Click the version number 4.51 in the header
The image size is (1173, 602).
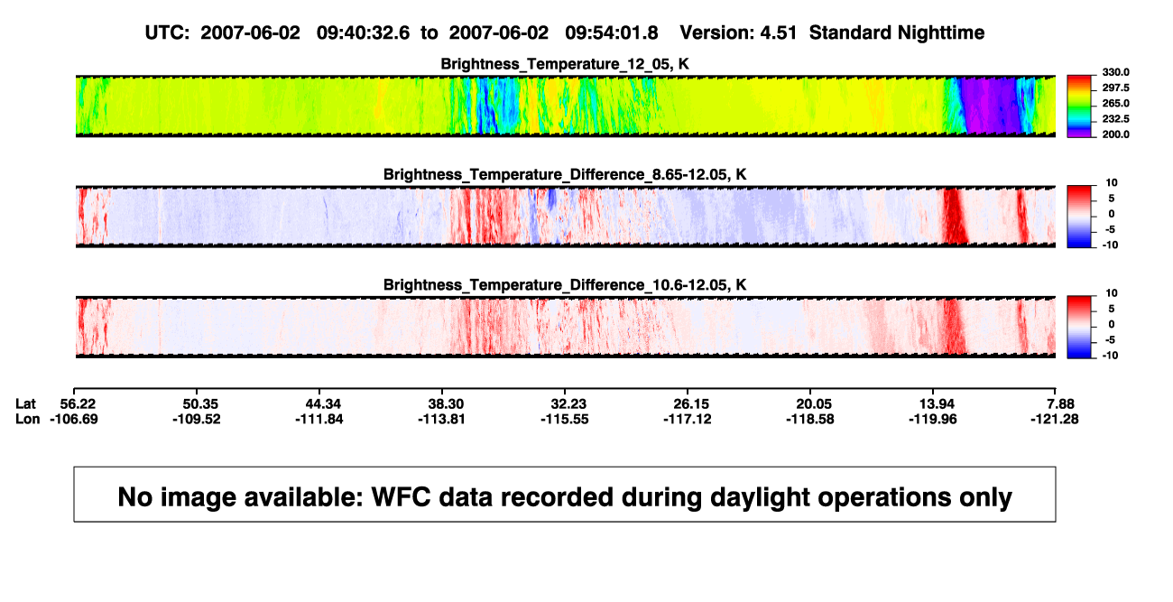778,32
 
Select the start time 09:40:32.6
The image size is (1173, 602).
363,32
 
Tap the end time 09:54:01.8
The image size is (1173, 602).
611,32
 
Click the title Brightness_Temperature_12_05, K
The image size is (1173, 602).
565,64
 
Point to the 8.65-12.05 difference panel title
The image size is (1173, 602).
565,174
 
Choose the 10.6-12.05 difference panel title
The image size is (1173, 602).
565,285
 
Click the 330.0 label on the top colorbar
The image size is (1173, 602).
1115,72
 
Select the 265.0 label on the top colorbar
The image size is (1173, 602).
1115,103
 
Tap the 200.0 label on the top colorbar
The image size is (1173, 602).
1115,134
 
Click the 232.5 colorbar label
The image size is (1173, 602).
1115,119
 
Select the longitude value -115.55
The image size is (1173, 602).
565,419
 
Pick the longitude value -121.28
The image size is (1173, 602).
1054,419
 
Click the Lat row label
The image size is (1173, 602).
25,404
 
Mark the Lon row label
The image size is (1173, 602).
28,419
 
